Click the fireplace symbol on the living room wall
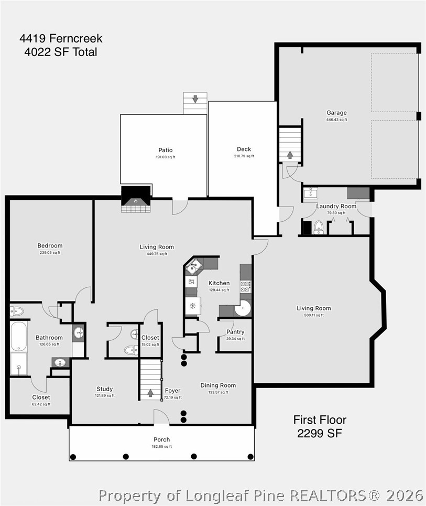[136, 199]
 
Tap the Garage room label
[336, 113]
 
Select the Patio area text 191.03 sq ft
[166, 157]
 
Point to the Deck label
[244, 149]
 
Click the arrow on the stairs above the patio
[195, 99]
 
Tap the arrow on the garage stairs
[290, 155]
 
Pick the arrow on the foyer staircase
[150, 393]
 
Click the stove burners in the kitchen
[245, 287]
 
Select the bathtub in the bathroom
[18, 336]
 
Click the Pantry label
[235, 332]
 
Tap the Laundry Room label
[336, 206]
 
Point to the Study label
[104, 389]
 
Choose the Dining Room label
[218, 385]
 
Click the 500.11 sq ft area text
[314, 315]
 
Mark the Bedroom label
[50, 245]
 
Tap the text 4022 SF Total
[61, 52]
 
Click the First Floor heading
[320, 419]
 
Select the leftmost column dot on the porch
[73, 457]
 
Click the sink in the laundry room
[311, 192]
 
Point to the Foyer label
[172, 391]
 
